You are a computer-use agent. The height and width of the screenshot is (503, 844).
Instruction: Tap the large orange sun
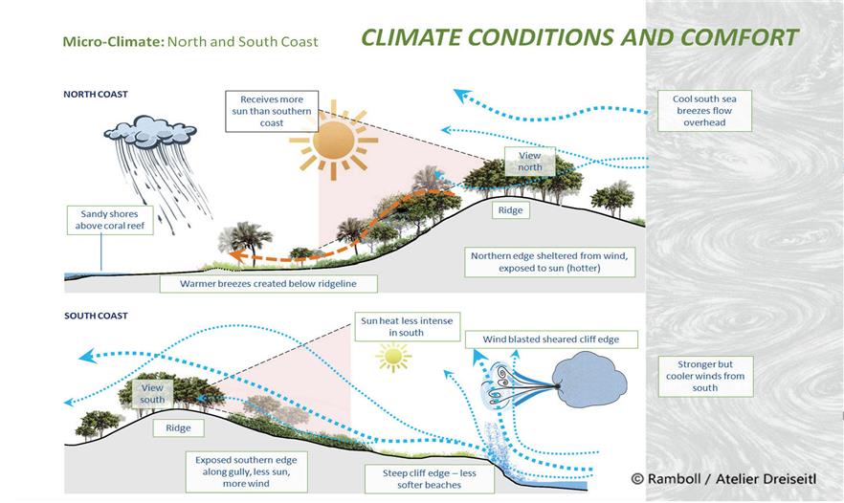coord(334,141)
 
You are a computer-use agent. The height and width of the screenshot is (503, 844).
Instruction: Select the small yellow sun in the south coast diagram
coord(393,356)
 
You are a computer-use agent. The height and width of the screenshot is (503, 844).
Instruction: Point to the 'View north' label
coord(530,162)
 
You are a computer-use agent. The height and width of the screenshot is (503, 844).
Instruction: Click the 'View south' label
coord(152,394)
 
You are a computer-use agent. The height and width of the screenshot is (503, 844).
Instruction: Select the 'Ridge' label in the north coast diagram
coord(510,210)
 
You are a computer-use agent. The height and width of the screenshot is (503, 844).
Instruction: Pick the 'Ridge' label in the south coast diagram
coord(178,428)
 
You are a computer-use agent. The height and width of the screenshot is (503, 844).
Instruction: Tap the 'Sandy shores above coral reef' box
coord(110,220)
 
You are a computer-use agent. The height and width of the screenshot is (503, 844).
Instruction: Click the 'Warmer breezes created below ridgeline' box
coord(268,283)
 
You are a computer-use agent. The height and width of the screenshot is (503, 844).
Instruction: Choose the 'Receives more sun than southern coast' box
coord(272,111)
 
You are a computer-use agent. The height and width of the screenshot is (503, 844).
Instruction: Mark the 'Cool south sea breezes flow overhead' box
coord(704,111)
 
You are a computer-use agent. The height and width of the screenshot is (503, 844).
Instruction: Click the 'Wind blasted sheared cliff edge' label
coord(551,339)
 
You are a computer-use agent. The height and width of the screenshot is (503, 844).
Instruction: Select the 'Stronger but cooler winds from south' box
coord(705,376)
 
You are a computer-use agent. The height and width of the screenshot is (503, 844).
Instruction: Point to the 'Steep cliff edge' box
coord(429,479)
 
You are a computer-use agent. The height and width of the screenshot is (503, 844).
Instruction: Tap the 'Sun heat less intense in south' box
coord(407,326)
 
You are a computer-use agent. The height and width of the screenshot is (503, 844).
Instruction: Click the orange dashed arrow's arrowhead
coord(234,255)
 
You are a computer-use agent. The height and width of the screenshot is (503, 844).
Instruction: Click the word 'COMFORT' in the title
coord(739,37)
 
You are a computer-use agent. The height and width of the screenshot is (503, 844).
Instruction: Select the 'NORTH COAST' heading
coord(96,94)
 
